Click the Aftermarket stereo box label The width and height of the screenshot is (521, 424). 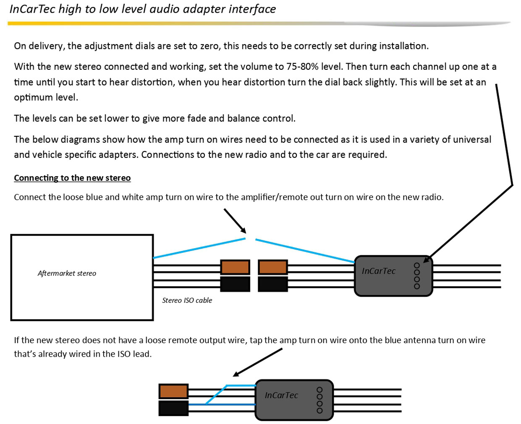point(67,273)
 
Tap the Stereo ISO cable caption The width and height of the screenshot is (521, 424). point(187,300)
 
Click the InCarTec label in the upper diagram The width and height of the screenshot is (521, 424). point(379,271)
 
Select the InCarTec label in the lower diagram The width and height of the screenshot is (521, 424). point(281,395)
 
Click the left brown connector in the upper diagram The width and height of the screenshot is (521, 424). point(235,267)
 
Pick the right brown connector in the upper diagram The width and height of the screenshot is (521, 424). point(273,267)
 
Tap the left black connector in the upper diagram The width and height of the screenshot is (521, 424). point(235,284)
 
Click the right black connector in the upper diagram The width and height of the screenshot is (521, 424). point(273,284)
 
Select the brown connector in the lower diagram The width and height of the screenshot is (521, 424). point(173,391)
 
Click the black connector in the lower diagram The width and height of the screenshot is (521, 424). point(173,408)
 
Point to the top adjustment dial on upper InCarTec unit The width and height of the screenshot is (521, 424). point(417,266)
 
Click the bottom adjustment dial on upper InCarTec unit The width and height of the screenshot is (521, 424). point(417,286)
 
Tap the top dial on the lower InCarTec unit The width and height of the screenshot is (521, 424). point(319,390)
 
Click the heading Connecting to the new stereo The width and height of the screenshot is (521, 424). point(72,178)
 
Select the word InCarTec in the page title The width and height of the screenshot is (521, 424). point(32,9)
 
